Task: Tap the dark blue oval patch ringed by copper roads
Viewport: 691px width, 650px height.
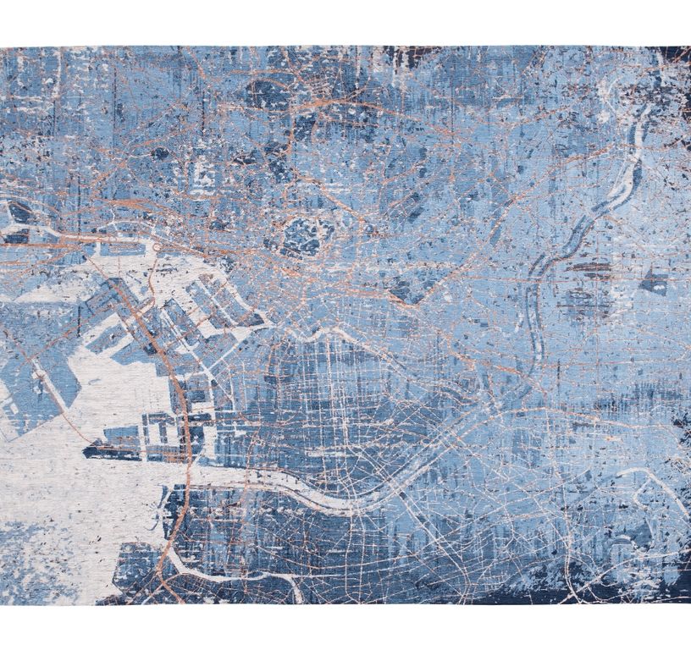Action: pyautogui.click(x=302, y=234)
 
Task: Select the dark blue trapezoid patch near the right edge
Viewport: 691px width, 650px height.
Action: pyautogui.click(x=653, y=282)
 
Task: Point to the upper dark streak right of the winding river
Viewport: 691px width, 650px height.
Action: pyautogui.click(x=590, y=269)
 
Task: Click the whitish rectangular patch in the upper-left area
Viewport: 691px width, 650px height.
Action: pyautogui.click(x=203, y=174)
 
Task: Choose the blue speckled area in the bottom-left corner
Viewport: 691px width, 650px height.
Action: pyautogui.click(x=34, y=550)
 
